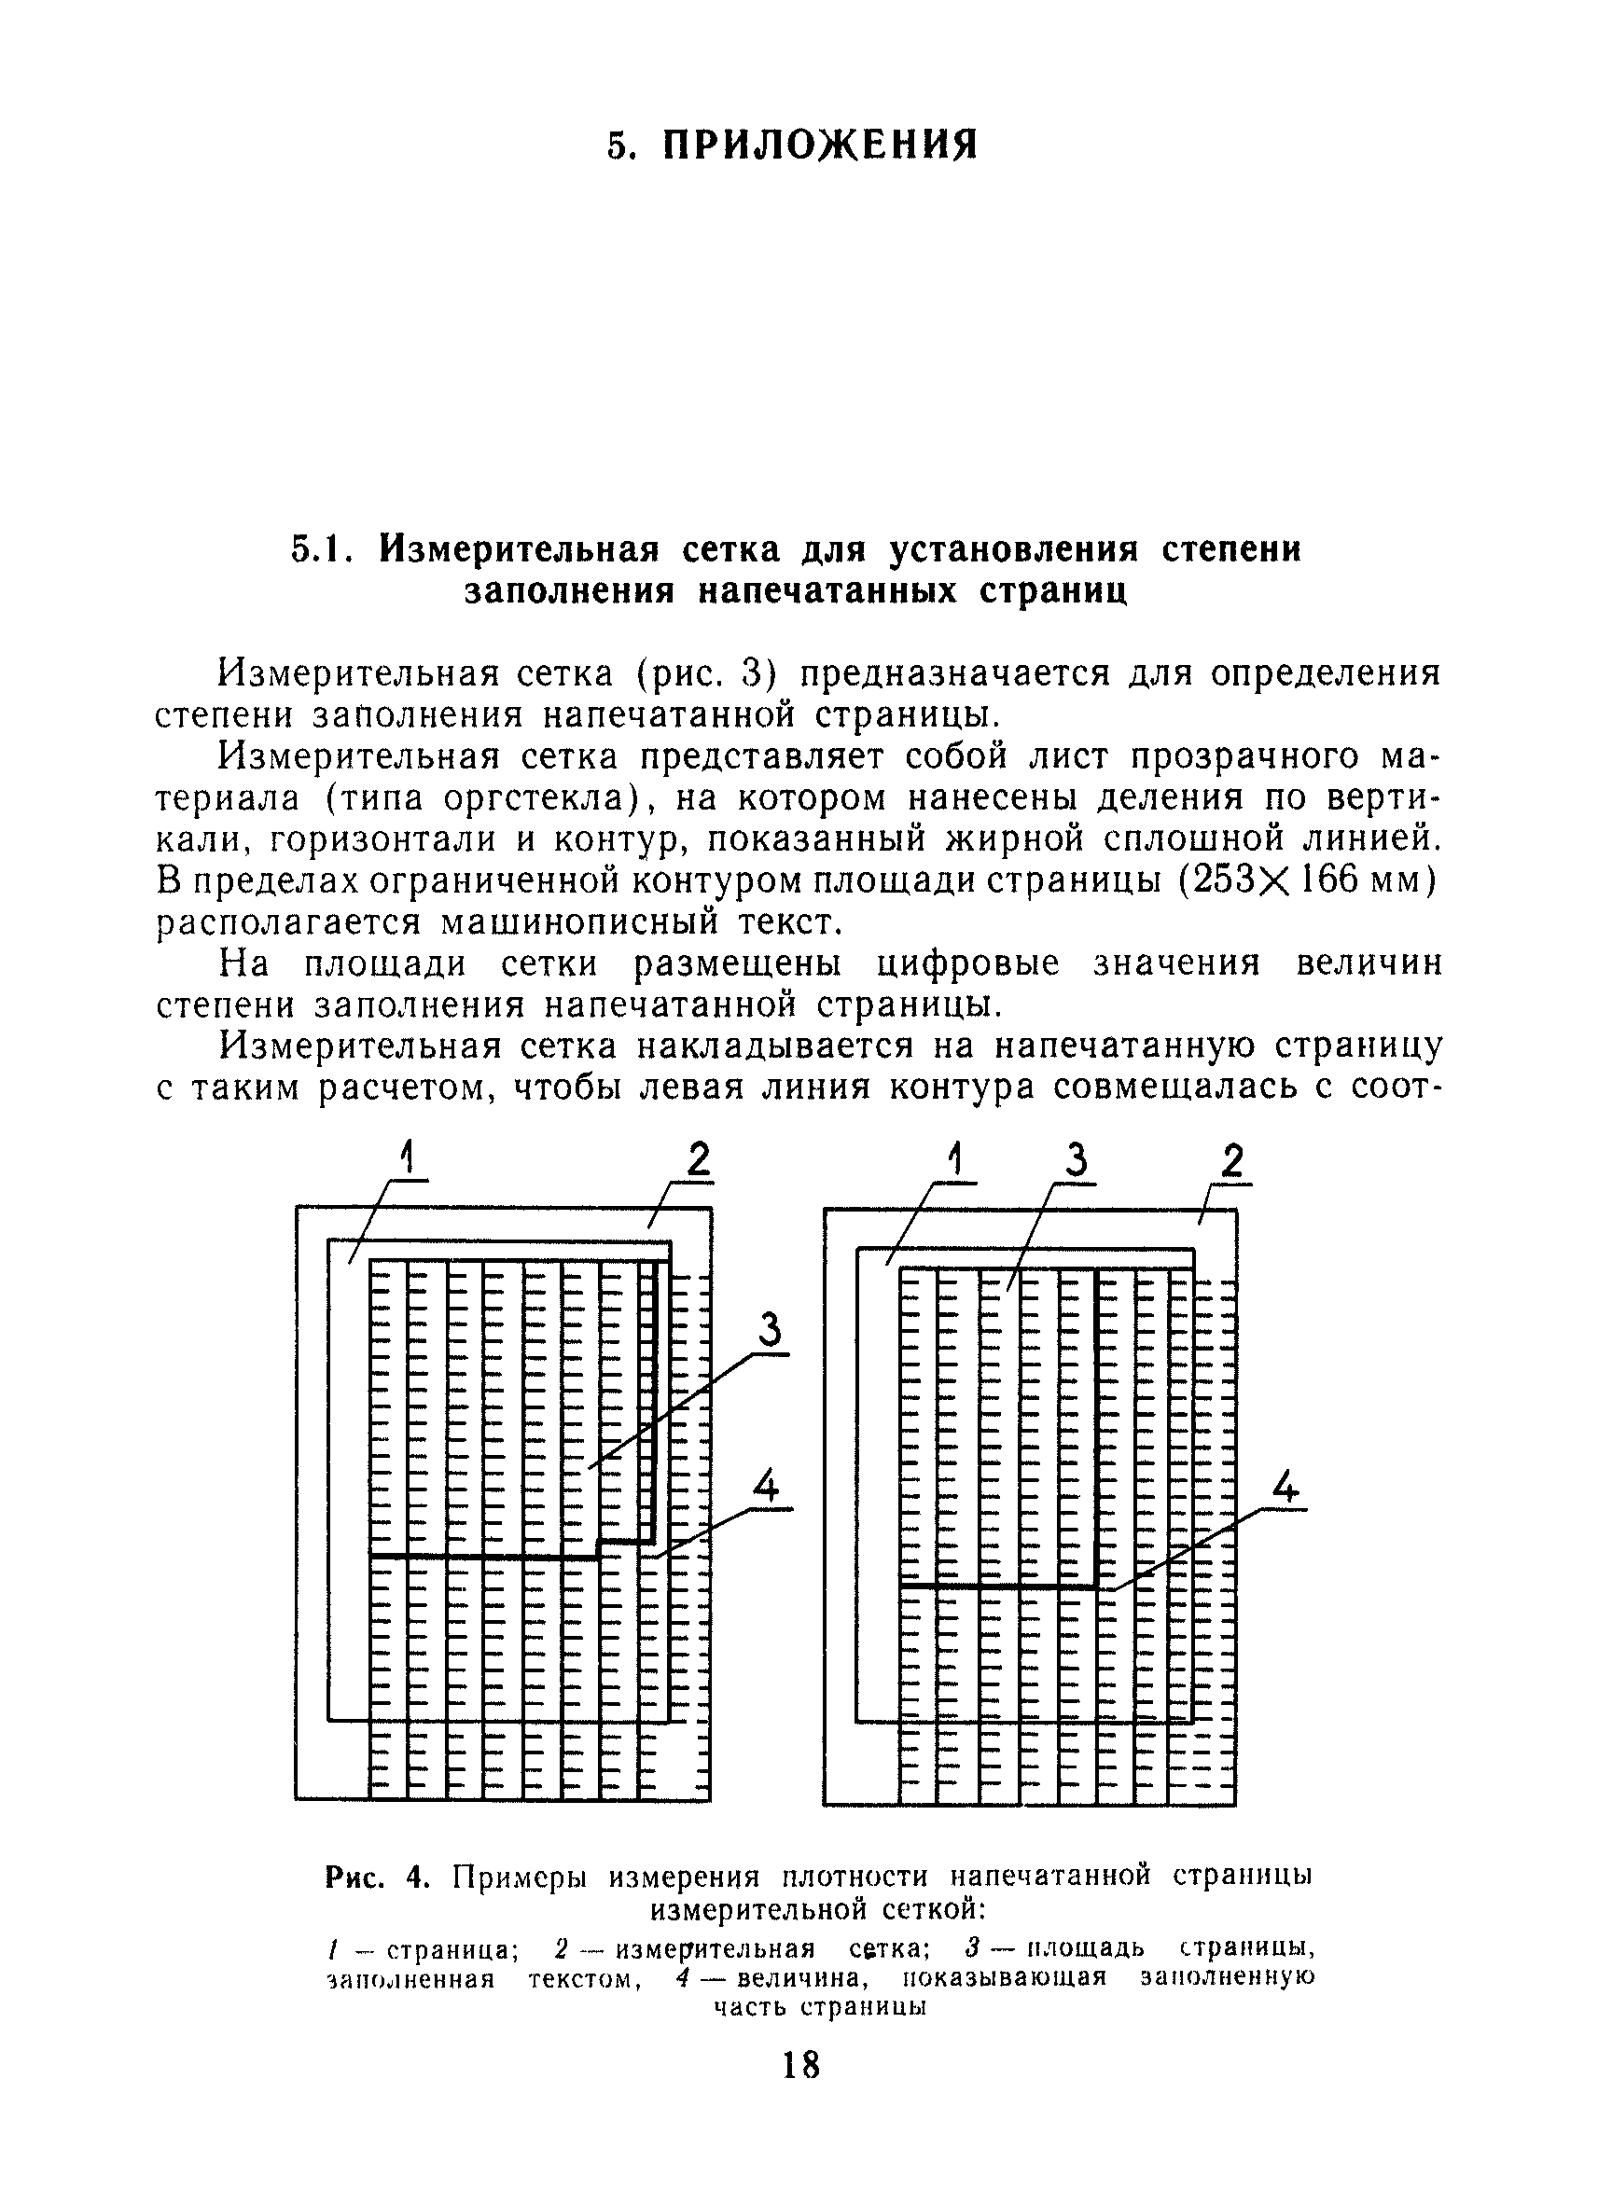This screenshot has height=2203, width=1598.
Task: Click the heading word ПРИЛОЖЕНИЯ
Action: (x=821, y=145)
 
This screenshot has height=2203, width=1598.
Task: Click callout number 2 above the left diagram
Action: (x=699, y=1162)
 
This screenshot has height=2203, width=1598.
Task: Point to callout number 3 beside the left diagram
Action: (x=771, y=1330)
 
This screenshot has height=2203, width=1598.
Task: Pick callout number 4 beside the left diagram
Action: (x=768, y=1486)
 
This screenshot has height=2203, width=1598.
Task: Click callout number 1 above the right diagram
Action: (x=957, y=1158)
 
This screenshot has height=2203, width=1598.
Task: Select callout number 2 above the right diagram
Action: (x=1231, y=1162)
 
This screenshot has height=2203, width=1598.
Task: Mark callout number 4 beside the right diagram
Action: (x=1285, y=1487)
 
